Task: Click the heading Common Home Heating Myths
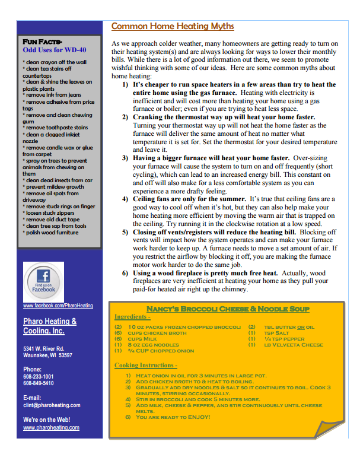(x=173, y=26)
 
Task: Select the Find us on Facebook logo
(x=44, y=281)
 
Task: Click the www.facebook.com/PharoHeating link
(x=58, y=306)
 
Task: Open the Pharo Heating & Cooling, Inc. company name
(x=50, y=326)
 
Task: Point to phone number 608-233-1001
(x=39, y=376)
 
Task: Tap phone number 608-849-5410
(x=39, y=383)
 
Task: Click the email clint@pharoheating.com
(x=52, y=405)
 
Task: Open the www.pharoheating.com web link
(x=51, y=427)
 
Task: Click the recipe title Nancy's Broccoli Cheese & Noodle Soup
(x=228, y=309)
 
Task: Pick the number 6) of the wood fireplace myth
(x=126, y=273)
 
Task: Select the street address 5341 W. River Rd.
(x=44, y=348)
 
